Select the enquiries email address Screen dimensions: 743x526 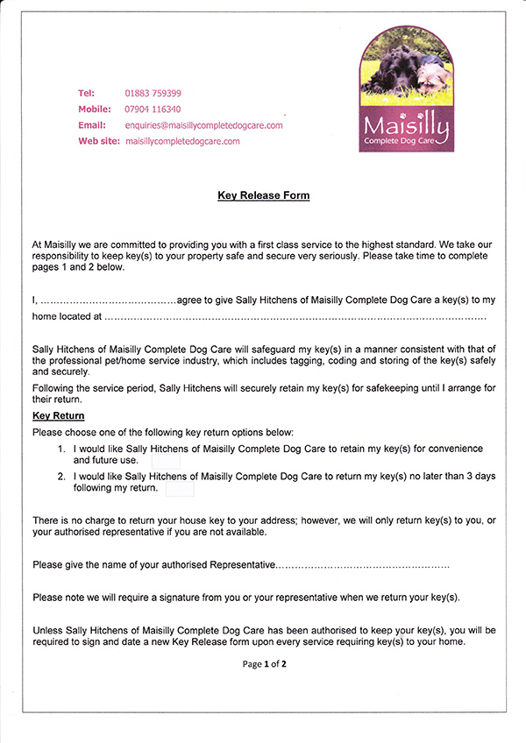click(x=204, y=125)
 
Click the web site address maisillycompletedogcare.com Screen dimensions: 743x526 click(x=182, y=141)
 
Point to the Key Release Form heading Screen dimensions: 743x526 click(x=263, y=195)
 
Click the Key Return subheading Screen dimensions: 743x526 click(x=58, y=415)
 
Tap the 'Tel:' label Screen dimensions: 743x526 click(x=86, y=93)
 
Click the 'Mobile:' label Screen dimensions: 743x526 click(x=95, y=110)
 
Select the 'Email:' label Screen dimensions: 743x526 click(x=92, y=125)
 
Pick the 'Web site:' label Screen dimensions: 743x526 click(x=99, y=141)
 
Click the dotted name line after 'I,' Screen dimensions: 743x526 click(x=109, y=301)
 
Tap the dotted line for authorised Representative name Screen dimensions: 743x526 click(x=363, y=565)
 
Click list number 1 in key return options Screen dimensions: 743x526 click(x=61, y=449)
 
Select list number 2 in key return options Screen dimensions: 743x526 click(x=61, y=476)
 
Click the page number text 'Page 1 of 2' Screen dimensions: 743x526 click(x=265, y=664)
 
